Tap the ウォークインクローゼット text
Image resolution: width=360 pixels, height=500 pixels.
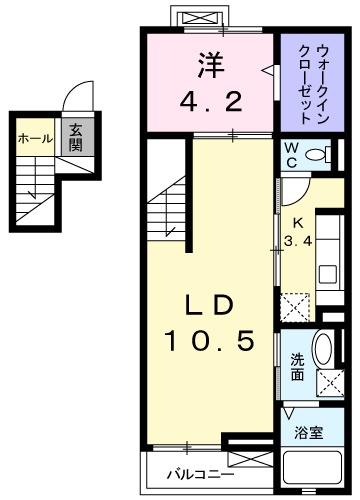point(306,82)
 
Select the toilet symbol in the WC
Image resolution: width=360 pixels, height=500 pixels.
point(318,155)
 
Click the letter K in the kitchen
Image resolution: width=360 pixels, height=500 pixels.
point(297,225)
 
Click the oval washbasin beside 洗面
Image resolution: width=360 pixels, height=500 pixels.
point(323,354)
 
